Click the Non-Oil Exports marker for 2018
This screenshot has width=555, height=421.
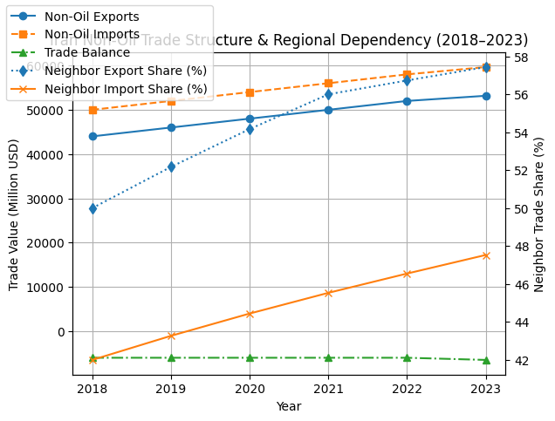click(92, 136)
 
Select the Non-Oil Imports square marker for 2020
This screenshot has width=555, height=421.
click(250, 92)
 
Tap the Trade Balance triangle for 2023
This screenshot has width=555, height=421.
click(486, 360)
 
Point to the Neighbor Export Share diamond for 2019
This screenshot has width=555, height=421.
click(171, 166)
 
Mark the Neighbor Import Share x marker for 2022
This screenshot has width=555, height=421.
click(407, 274)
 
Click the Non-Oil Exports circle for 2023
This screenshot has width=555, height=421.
click(486, 96)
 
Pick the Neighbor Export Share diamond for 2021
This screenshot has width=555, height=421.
click(328, 94)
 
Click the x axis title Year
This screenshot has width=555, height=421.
click(289, 406)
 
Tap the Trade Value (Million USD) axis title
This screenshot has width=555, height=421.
click(14, 214)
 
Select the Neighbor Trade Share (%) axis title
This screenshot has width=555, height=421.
click(539, 214)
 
